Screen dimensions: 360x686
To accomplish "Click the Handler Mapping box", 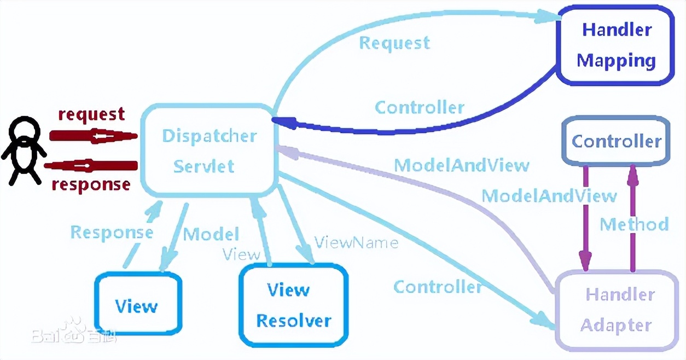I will point(617,45).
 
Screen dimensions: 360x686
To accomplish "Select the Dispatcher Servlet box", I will point(208,150).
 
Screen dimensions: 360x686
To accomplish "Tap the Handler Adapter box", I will point(616,310).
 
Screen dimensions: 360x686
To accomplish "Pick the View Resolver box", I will point(294,305).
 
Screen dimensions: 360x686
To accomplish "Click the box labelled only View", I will point(137,304).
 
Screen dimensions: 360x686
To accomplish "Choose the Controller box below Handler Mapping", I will point(616,141).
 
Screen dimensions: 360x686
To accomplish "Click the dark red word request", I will point(91,114).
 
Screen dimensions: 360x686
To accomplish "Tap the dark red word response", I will point(91,184).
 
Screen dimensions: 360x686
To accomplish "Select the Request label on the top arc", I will point(394,43).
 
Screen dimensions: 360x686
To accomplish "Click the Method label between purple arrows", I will point(634,224).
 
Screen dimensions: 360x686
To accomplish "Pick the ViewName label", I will point(356,242).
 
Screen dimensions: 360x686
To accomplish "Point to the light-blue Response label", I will point(112,233).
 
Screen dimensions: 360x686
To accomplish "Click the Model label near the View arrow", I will point(211,234).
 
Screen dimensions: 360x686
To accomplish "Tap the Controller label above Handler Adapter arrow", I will point(438,287).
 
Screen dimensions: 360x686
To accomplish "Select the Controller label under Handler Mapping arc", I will point(419,107).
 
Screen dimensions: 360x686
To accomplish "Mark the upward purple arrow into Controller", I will point(633,219).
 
